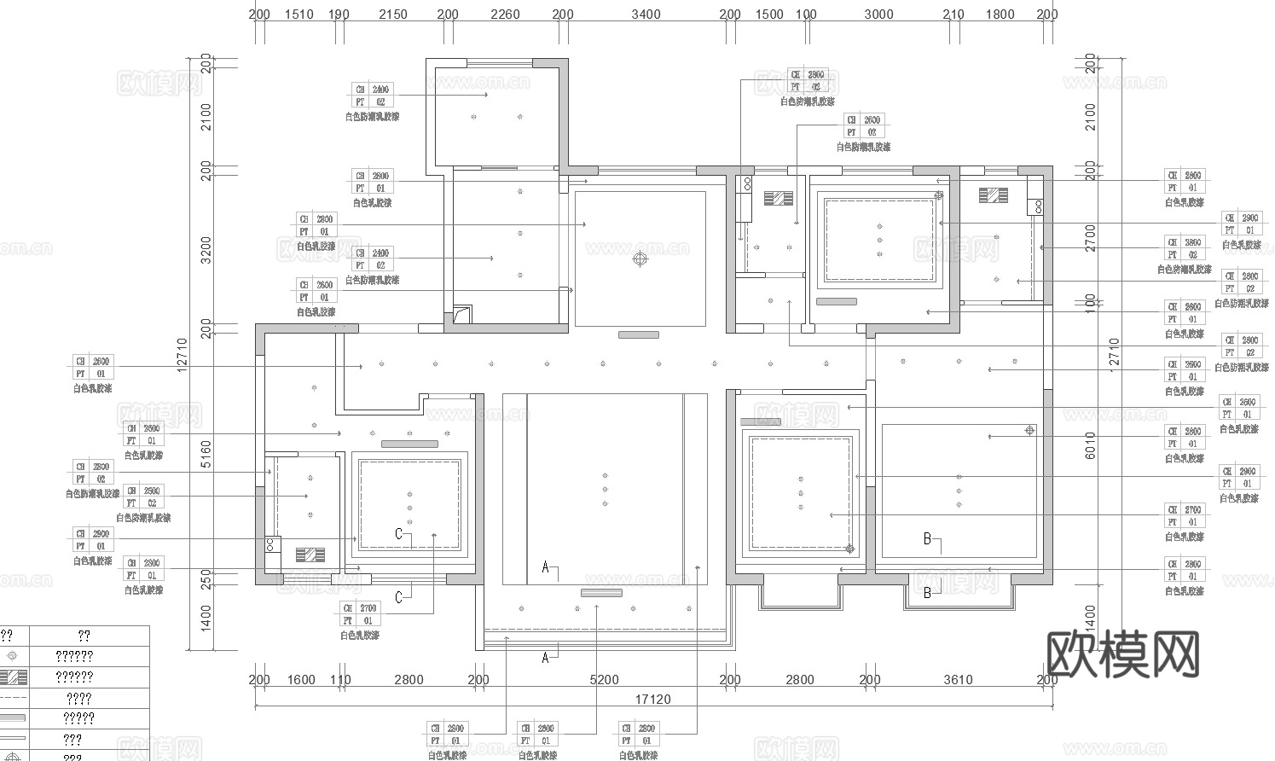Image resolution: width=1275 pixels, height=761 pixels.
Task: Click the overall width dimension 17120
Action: (x=652, y=700)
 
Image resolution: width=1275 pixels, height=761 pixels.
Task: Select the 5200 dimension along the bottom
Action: (x=604, y=680)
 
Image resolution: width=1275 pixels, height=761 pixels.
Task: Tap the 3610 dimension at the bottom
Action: (x=958, y=680)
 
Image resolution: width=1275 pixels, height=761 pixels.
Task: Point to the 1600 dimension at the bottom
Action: (x=301, y=680)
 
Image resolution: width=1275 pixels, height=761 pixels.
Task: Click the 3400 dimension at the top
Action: (x=646, y=15)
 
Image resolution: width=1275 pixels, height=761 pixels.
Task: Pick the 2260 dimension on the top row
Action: (x=506, y=15)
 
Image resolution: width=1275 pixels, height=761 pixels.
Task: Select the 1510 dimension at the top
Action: (x=298, y=15)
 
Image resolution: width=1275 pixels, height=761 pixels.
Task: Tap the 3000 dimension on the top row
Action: (x=878, y=15)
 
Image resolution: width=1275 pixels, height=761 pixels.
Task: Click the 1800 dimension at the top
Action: (x=1000, y=15)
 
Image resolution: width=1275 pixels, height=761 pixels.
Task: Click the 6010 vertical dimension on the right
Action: (x=1090, y=445)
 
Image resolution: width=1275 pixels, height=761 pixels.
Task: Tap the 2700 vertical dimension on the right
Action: (x=1090, y=238)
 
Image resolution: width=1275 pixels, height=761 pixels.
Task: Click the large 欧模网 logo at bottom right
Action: (x=1121, y=655)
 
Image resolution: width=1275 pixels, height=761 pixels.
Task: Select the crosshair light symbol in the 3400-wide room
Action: (x=640, y=259)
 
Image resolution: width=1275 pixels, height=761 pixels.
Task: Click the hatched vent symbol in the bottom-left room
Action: (x=310, y=555)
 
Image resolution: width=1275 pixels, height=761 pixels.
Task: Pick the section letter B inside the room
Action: (x=928, y=538)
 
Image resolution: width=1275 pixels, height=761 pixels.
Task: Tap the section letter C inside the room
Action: (x=398, y=534)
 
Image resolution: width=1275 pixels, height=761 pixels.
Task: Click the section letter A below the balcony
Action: (x=546, y=658)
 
